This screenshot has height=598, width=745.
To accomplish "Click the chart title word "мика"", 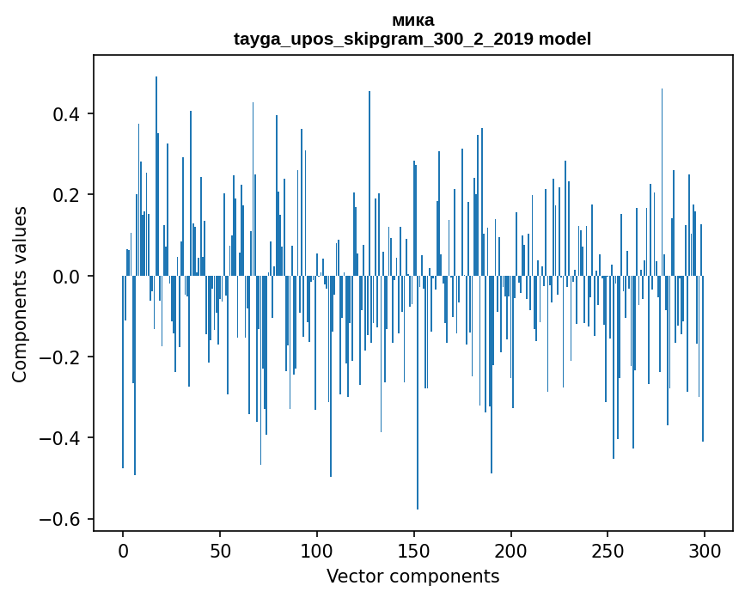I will [x=412, y=21].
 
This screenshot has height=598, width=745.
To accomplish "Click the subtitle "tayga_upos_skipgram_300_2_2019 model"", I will [x=412, y=39].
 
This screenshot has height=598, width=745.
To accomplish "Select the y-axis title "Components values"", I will [x=20, y=294].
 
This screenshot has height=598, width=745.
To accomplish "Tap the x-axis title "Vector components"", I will [x=412, y=576].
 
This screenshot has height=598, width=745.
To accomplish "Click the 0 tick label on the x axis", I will [x=123, y=550].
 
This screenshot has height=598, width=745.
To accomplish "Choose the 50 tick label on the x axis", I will [x=220, y=550].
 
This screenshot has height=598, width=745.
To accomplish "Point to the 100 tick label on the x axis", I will [x=317, y=550].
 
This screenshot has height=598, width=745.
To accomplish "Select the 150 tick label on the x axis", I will [x=414, y=550].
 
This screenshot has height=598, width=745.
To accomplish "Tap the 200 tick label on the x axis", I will [x=511, y=550].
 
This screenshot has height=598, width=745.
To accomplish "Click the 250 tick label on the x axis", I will [x=608, y=550].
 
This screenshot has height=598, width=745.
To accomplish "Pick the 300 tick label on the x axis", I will [x=705, y=550].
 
